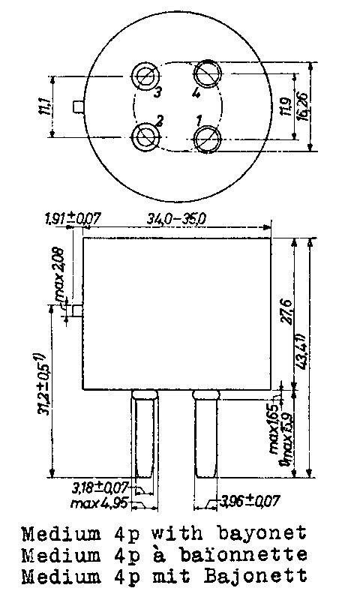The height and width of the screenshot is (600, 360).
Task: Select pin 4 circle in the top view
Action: [x=207, y=75]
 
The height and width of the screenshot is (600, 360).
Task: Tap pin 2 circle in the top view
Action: [x=145, y=136]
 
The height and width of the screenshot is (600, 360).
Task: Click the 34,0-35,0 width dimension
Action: [x=177, y=219]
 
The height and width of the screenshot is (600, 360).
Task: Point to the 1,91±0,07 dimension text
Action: [x=73, y=219]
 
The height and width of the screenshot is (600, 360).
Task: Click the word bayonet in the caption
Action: [x=266, y=535]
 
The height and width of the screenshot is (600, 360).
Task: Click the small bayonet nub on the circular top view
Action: [x=77, y=107]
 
